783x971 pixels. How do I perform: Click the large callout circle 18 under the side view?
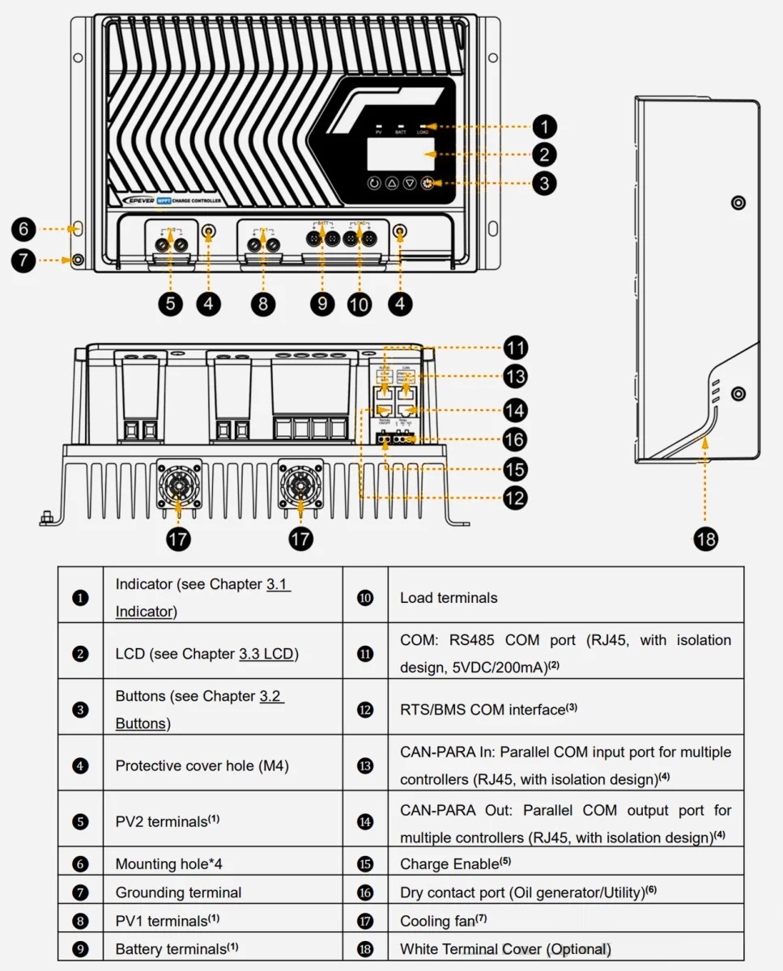(706, 539)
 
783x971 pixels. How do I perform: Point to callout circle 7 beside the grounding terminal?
(23, 261)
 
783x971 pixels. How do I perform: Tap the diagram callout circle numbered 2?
(544, 155)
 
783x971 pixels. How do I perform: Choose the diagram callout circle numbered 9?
(321, 303)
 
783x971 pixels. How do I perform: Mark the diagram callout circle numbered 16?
(514, 439)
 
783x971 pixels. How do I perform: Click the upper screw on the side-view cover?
(737, 201)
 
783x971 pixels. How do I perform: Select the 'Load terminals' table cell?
(449, 598)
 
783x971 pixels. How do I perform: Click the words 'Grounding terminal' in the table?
(178, 893)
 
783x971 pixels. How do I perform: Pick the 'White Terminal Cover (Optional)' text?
(505, 949)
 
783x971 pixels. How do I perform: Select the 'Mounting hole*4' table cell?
(168, 864)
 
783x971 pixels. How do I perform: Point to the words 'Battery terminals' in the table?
(171, 949)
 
